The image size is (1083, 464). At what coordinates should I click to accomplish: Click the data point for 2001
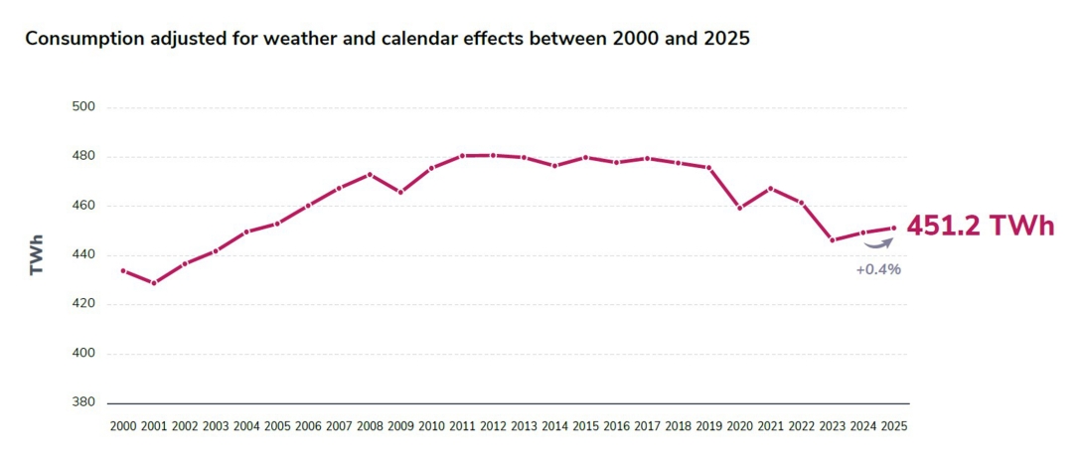[154, 283]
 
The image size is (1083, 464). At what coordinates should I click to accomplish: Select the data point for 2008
[370, 174]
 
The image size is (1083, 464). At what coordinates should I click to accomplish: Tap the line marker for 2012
[493, 155]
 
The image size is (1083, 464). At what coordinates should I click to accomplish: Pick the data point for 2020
[740, 208]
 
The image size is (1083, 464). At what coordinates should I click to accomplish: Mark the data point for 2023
[833, 240]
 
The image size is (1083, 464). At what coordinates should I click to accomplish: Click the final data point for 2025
[894, 228]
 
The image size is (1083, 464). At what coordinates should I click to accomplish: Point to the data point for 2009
[400, 192]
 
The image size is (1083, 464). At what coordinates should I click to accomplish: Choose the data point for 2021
[771, 188]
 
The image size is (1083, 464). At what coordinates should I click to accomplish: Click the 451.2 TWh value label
[980, 226]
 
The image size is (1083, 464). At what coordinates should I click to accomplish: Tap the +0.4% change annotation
[878, 269]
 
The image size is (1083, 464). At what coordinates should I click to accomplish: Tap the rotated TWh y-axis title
[37, 254]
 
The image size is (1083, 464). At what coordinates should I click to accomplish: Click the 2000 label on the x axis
[123, 426]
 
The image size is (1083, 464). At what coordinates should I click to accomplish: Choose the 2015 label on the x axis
[586, 426]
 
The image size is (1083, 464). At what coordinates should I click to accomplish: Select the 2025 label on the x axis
[894, 426]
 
